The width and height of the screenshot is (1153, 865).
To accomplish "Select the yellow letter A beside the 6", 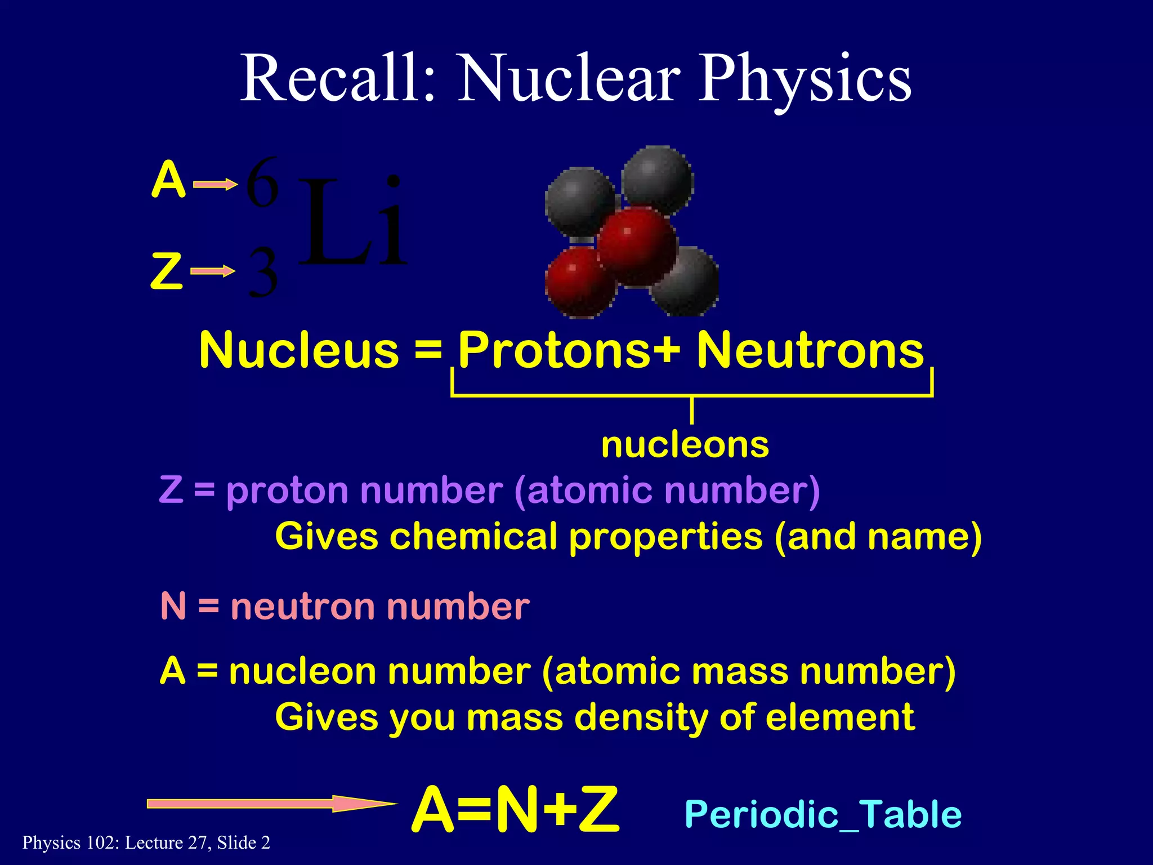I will (x=168, y=180).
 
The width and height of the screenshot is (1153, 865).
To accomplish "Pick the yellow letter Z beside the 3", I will (x=167, y=271).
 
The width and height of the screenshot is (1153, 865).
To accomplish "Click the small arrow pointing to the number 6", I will (x=215, y=184).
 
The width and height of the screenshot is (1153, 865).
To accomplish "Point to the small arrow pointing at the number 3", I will (x=213, y=272).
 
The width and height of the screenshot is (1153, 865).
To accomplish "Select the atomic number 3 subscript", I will (x=263, y=274).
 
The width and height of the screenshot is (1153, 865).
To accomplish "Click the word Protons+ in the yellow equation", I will (x=569, y=350).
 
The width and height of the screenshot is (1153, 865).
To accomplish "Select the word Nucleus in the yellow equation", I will (x=299, y=350).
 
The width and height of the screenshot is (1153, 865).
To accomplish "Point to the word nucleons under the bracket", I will (x=685, y=445).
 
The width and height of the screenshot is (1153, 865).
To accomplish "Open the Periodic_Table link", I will (x=823, y=814).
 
